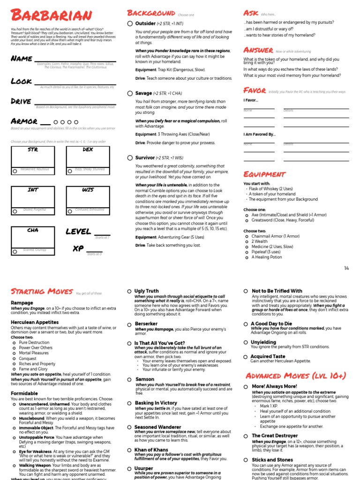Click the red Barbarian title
tap(52, 15)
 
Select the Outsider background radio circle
tap(130, 23)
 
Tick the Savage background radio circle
tap(130, 93)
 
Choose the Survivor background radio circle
tap(130, 157)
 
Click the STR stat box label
tap(33, 150)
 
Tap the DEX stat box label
tap(88, 150)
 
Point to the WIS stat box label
tap(88, 190)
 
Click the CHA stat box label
tap(33, 230)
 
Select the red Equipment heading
tap(264, 174)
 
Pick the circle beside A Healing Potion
tap(247, 257)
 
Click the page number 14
tap(346, 268)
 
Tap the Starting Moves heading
tap(41, 292)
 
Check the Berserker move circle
tap(130, 324)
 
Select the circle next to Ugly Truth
tap(130, 291)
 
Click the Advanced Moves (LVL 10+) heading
tap(296, 376)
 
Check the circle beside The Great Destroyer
tap(247, 435)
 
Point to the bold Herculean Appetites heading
tap(35, 322)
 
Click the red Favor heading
tap(255, 90)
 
